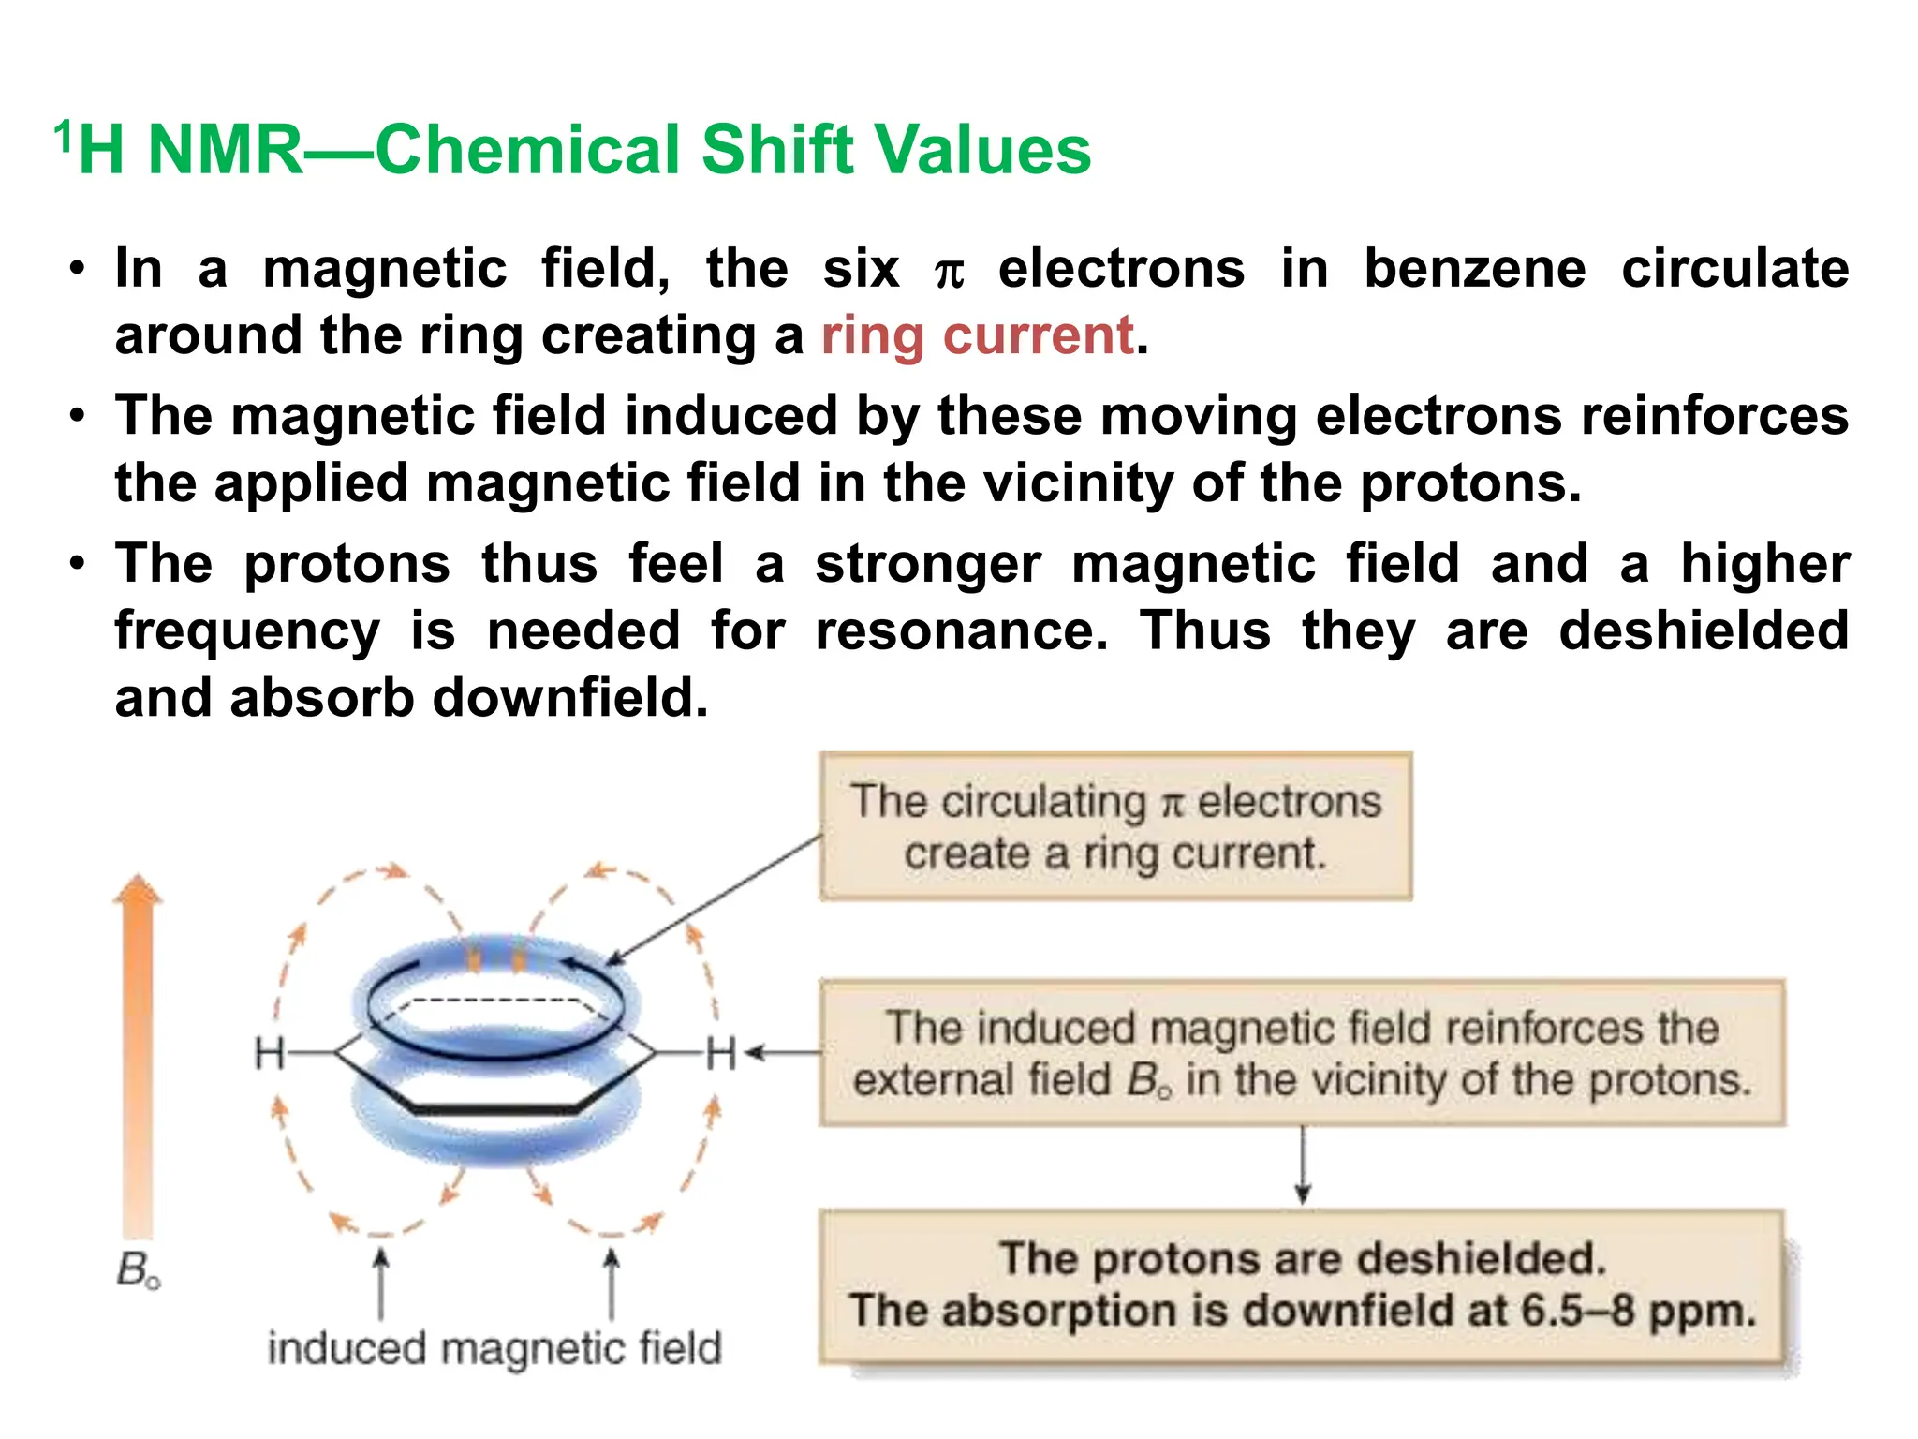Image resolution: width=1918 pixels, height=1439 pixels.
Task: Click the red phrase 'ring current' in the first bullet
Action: point(977,336)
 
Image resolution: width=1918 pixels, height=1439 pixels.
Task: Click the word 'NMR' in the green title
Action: point(225,150)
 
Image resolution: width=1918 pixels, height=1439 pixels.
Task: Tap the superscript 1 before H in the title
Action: point(63,136)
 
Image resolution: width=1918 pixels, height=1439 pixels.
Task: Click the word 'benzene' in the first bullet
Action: point(1474,269)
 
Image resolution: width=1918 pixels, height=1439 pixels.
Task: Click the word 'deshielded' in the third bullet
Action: point(1704,630)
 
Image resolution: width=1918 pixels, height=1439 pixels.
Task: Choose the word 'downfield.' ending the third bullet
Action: point(570,698)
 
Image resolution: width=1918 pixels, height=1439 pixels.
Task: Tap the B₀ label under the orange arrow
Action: point(138,1271)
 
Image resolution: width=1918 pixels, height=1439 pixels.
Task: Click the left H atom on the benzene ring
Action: point(270,1053)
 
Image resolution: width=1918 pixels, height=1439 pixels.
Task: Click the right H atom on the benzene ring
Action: point(721,1053)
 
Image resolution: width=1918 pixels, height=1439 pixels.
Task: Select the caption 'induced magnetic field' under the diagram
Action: point(494,1349)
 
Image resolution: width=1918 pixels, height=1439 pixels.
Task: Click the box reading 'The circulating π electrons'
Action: point(1114,826)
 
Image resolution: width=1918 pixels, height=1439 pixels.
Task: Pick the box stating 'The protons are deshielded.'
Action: point(1302,1284)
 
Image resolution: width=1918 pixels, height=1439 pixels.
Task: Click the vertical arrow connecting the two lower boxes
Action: point(1302,1165)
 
